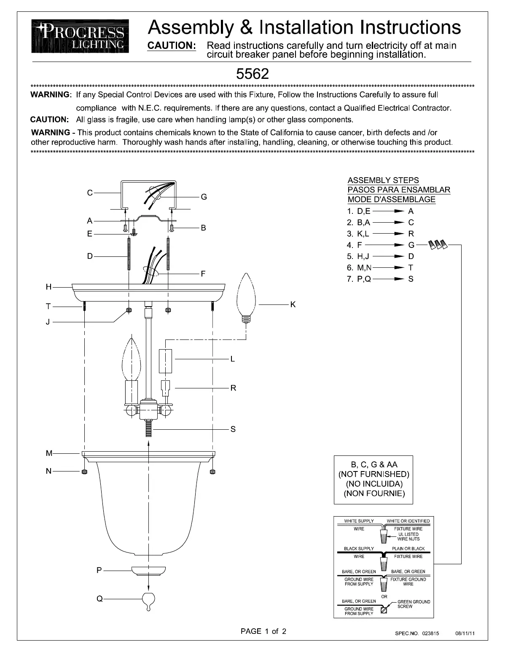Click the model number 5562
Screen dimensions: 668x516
252,74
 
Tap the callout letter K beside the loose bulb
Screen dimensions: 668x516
293,304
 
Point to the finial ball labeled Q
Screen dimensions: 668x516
148,599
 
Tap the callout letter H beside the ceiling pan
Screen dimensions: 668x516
49,287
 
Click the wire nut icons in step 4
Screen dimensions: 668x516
438,244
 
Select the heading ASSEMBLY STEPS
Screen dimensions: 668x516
383,180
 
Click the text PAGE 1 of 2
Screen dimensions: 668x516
263,631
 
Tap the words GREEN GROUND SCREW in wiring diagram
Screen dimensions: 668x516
414,604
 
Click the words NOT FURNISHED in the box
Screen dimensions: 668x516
374,474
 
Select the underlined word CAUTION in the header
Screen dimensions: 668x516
171,46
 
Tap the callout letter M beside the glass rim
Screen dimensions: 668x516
49,453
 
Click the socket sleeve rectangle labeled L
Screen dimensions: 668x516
165,361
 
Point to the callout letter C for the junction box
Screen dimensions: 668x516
90,193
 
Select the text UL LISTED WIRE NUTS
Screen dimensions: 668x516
408,536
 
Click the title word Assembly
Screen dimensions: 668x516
189,27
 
